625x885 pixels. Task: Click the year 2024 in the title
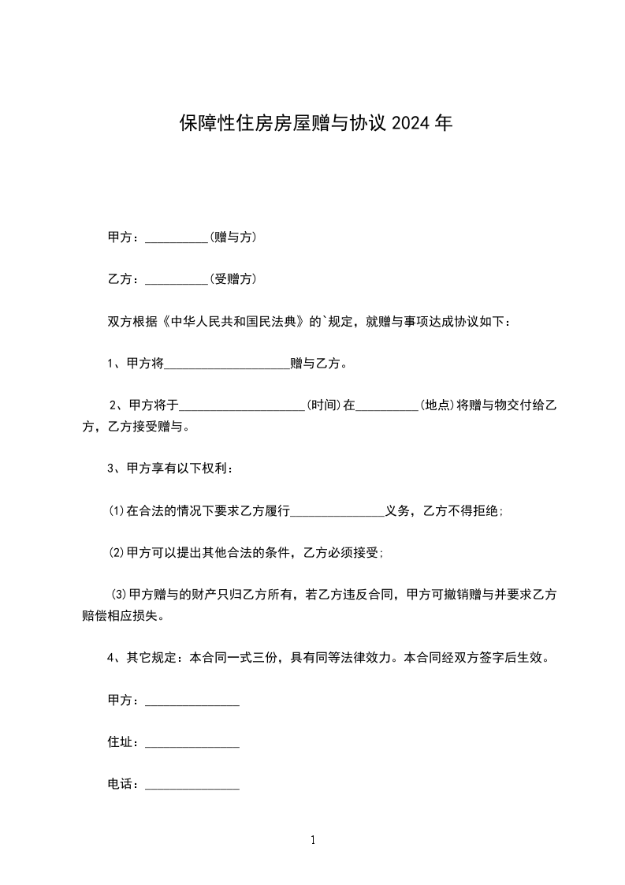point(411,124)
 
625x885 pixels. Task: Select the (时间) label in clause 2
point(323,405)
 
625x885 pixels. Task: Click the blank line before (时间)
point(243,409)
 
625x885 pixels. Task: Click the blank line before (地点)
point(388,409)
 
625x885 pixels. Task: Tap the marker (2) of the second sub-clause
point(117,553)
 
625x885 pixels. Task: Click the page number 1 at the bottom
point(313,840)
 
